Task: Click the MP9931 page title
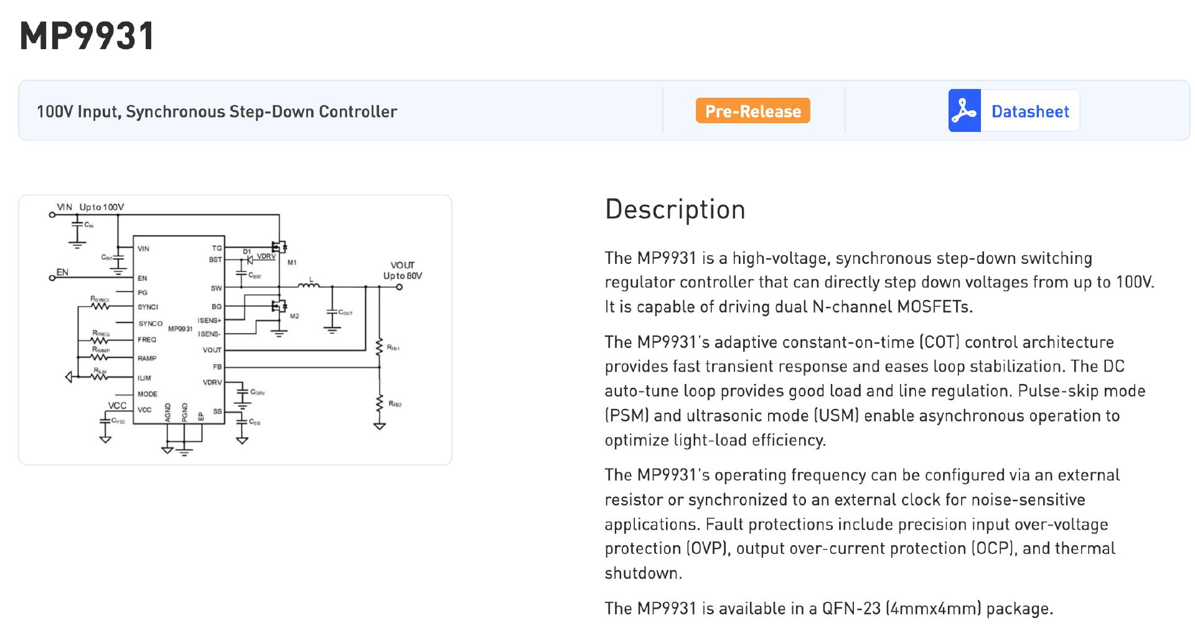coord(87,36)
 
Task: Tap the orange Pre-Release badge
coord(752,111)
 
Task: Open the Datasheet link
coord(1029,111)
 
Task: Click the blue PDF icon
coord(964,111)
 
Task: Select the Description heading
coord(675,209)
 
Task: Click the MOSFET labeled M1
coord(279,246)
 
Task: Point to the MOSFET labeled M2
coord(279,306)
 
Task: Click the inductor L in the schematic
coord(309,286)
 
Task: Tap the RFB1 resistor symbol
coord(379,347)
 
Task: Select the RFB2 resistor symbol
coord(379,404)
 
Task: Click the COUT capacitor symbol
coord(332,312)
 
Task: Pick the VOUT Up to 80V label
coord(402,270)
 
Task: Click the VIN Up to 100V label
coord(90,207)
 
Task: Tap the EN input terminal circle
coord(52,278)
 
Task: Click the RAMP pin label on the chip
coord(147,359)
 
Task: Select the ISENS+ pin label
coord(209,321)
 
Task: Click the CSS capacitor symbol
coord(242,420)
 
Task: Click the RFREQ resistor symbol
coord(100,340)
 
